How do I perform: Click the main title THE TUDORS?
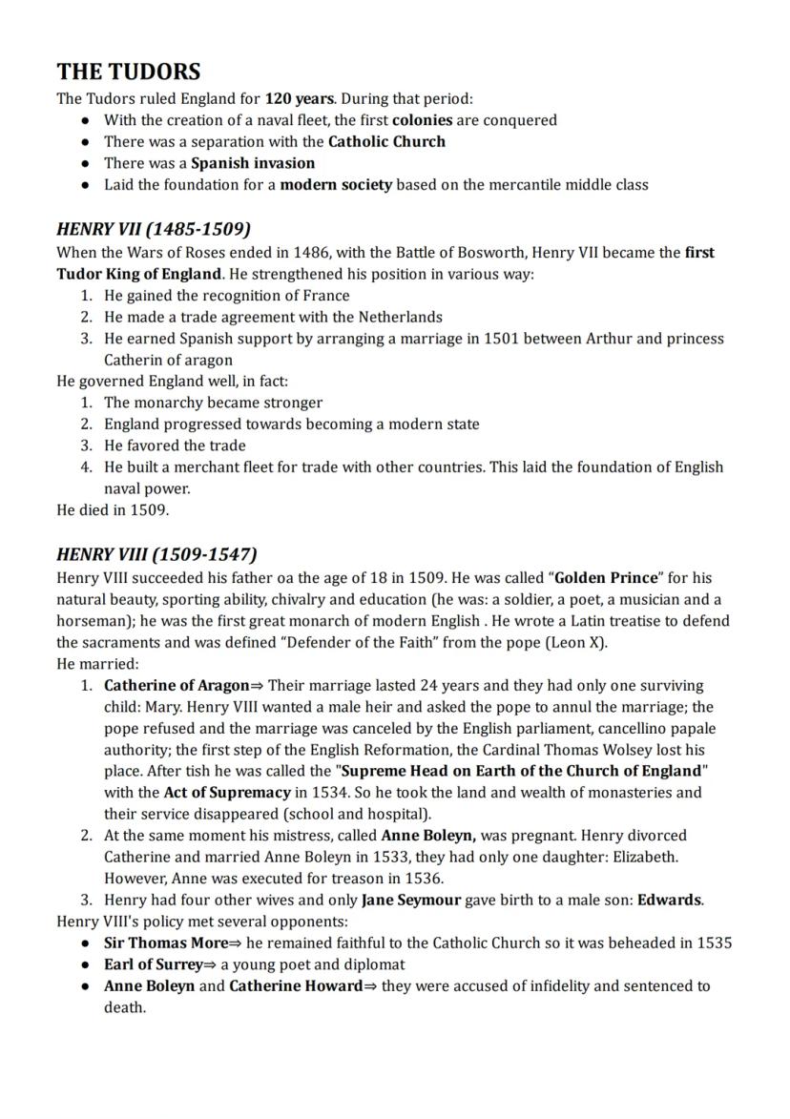[x=129, y=72]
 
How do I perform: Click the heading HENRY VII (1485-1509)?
[x=154, y=229]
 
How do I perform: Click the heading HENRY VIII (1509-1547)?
[x=157, y=554]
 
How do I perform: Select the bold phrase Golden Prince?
[x=607, y=578]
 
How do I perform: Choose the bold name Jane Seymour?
[x=411, y=900]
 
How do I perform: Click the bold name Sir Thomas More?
[x=166, y=943]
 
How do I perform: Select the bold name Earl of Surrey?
[x=154, y=964]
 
